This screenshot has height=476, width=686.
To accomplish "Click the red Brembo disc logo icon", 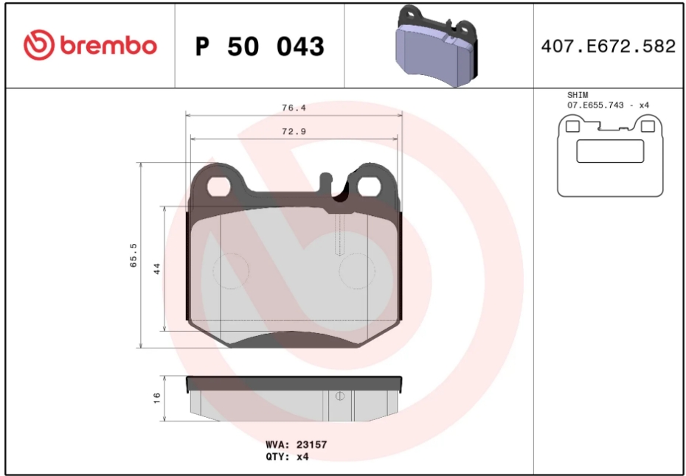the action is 39,45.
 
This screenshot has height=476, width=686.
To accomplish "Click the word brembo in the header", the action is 108,46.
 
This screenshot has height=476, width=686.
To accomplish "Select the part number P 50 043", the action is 260,46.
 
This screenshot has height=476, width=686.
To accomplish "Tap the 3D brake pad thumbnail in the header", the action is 437,46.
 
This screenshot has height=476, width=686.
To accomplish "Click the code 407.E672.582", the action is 609,46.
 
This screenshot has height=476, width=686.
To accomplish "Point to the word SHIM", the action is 578,95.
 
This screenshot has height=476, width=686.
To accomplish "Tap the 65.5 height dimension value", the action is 134,255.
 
